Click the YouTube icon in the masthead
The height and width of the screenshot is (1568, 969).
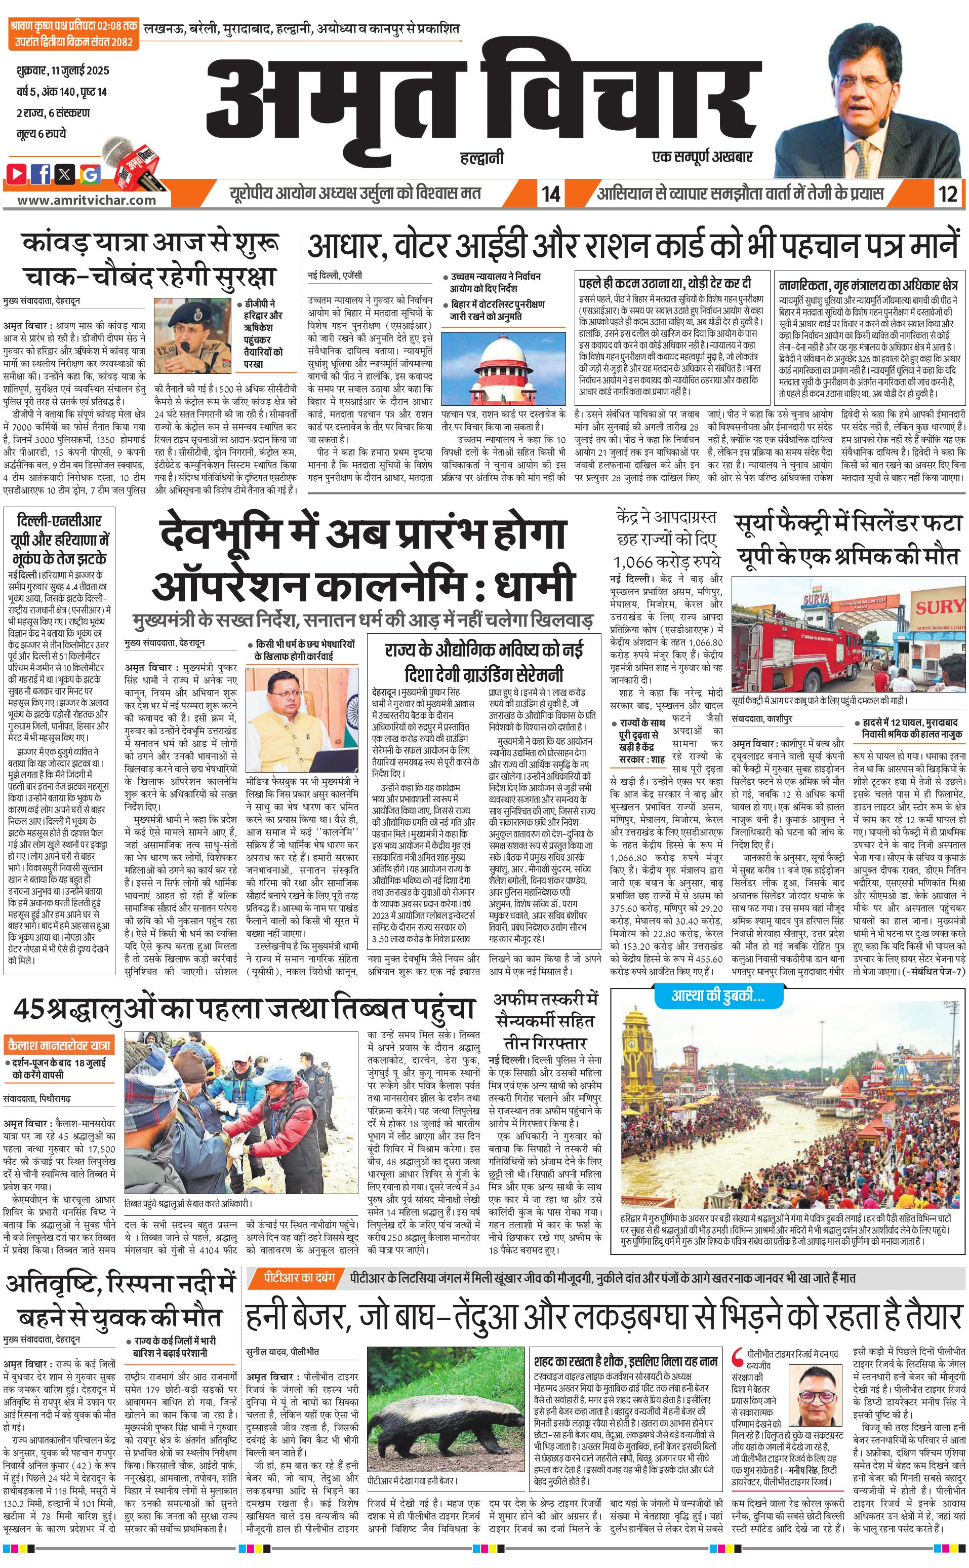pos(17,173)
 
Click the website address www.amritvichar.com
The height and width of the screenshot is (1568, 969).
pos(87,200)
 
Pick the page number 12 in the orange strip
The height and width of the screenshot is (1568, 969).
pos(947,194)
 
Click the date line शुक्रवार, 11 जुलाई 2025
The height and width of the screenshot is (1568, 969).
pos(63,70)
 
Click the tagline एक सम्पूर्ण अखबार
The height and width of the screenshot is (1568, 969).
pos(702,157)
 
